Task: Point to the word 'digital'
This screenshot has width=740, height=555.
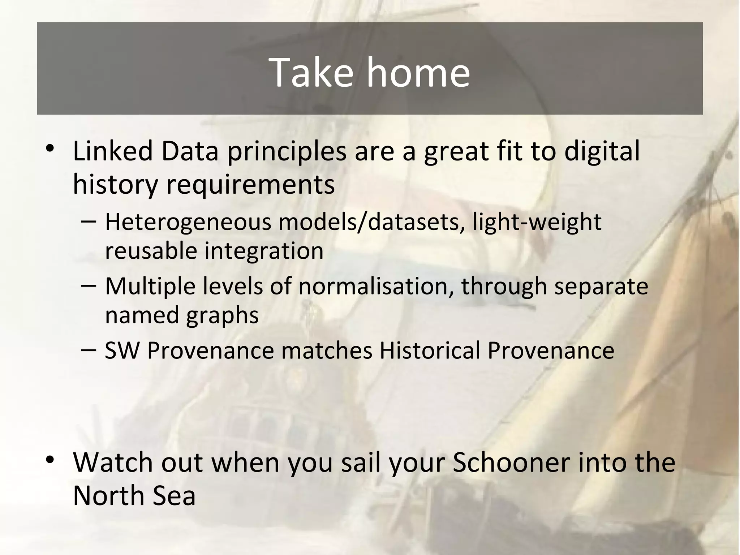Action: click(602, 152)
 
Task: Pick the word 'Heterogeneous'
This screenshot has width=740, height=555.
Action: click(188, 222)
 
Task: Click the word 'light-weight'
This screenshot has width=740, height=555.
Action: click(537, 222)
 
